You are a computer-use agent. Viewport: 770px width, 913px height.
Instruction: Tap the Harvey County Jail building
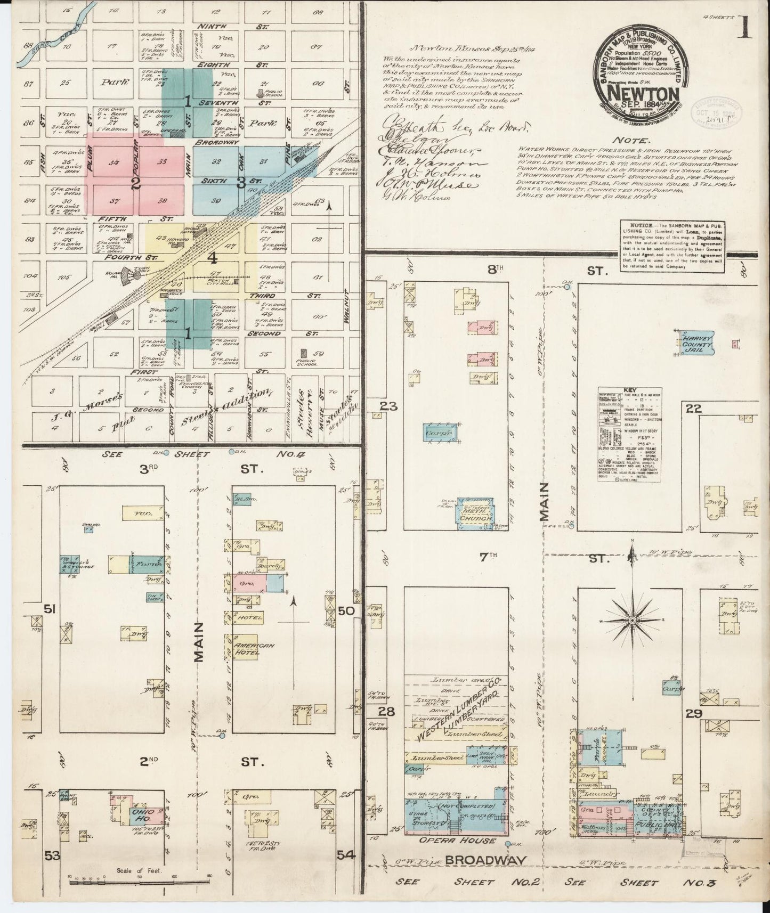695,342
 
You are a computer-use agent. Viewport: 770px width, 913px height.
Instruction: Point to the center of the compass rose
632,621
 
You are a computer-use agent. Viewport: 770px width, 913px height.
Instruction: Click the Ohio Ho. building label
142,816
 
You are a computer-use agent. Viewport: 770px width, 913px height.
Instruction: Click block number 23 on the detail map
388,406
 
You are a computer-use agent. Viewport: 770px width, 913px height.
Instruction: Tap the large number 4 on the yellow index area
213,259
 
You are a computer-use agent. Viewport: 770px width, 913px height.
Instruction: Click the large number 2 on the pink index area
136,184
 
